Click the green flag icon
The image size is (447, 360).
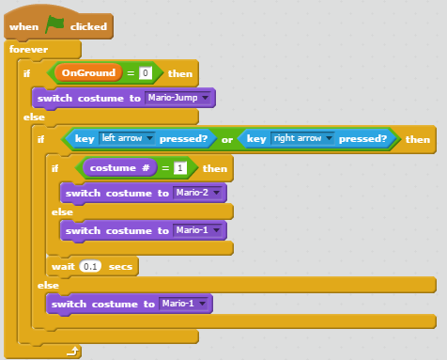55,24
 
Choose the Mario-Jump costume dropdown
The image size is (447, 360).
181,98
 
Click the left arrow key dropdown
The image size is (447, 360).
127,139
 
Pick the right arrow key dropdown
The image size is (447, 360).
302,139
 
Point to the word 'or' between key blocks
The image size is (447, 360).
226,139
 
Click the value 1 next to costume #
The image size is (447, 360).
180,168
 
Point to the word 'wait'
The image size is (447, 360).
63,266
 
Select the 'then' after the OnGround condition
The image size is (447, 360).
178,73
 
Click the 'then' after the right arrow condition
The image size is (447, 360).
418,139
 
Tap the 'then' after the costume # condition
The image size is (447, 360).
214,168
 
